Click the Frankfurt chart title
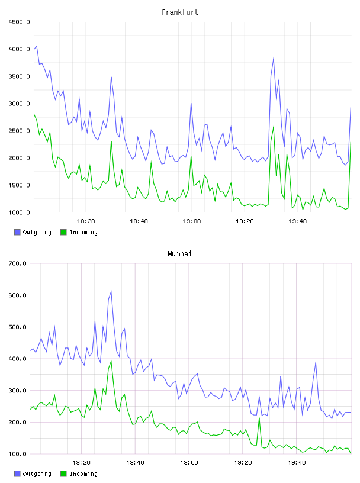[x=180, y=12]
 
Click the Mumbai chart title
[x=179, y=254]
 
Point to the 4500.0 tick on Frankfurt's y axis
[x=19, y=22]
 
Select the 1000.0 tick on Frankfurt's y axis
[x=19, y=212]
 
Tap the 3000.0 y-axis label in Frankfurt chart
[x=19, y=104]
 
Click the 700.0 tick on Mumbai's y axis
[x=17, y=263]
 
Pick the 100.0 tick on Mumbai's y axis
[x=17, y=454]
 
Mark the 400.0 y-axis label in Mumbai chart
[x=17, y=359]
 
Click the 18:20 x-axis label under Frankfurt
[x=86, y=221]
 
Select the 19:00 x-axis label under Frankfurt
[x=192, y=221]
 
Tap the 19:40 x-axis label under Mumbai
[x=297, y=463]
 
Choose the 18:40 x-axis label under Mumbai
[x=136, y=463]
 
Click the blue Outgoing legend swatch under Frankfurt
[x=17, y=232]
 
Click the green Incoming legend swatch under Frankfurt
[x=63, y=232]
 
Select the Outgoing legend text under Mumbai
[x=37, y=474]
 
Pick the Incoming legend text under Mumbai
[x=83, y=474]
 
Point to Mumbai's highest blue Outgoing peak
[x=111, y=291]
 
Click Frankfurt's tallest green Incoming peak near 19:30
[x=274, y=126]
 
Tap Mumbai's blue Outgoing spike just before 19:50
[x=316, y=361]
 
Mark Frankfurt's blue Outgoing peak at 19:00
[x=191, y=103]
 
